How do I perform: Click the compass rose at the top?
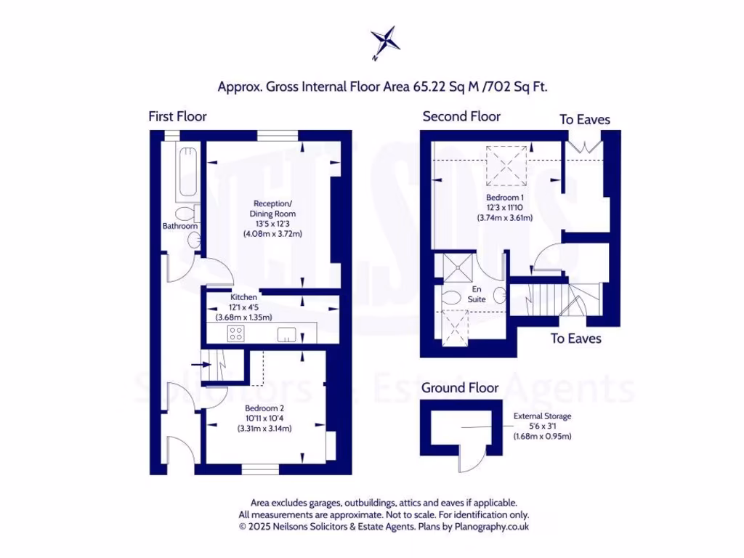point(384,41)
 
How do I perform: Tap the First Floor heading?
point(177,116)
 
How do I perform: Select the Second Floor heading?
point(461,116)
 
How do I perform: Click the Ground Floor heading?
point(460,388)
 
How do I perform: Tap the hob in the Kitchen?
point(235,333)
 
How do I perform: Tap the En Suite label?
point(477,294)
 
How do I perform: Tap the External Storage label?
point(543,426)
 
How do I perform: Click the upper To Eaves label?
point(585,119)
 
